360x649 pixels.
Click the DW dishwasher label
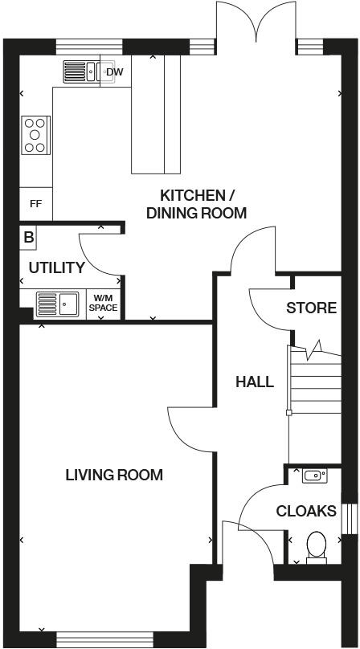point(115,72)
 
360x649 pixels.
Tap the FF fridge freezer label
point(36,204)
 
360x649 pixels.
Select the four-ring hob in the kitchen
point(35,135)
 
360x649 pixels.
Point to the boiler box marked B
point(28,238)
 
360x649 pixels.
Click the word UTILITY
point(57,267)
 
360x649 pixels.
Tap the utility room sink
point(58,304)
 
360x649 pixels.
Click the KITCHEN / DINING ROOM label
point(197,204)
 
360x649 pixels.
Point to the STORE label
point(312,308)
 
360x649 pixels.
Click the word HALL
point(255,382)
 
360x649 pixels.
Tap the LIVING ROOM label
point(114,475)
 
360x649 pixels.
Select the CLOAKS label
point(306,511)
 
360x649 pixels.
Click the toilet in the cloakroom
point(317,547)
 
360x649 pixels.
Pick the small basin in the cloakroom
point(314,476)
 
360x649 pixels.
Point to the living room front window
point(104,639)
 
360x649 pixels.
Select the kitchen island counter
point(156,114)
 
